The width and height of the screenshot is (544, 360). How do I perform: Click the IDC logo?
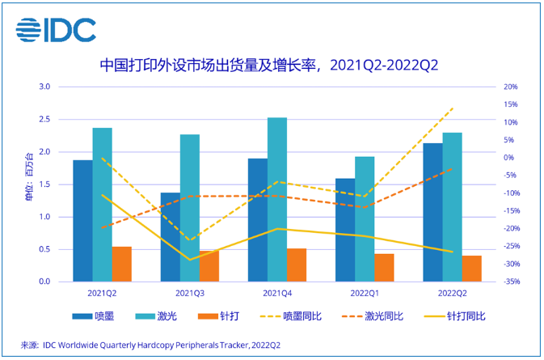click(x=56, y=29)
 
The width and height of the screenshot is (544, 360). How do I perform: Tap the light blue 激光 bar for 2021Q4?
click(x=276, y=200)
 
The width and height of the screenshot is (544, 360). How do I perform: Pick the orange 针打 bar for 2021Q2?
click(x=121, y=264)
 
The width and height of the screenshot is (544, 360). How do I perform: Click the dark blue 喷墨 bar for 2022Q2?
click(x=433, y=212)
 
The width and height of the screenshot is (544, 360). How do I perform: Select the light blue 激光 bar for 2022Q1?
click(x=365, y=219)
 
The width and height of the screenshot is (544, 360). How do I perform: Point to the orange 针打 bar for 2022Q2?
click(x=472, y=269)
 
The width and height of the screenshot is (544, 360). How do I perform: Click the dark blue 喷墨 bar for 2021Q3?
click(x=170, y=237)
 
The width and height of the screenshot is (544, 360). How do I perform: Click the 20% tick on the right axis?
click(x=510, y=87)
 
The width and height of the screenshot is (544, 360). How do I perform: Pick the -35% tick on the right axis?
click(x=508, y=282)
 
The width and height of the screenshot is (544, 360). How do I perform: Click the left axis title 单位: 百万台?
click(x=30, y=184)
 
